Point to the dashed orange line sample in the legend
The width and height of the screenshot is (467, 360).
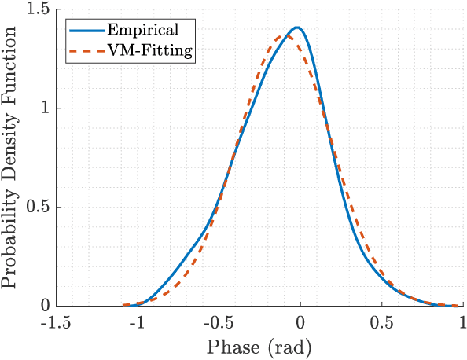84,51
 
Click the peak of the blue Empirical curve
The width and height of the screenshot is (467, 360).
297,28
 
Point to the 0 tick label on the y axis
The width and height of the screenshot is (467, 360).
47,306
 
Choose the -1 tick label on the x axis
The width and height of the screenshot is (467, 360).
138,323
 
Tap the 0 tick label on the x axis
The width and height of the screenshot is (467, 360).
300,323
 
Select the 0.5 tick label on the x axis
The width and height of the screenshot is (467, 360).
381,323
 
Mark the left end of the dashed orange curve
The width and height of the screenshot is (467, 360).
124,305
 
